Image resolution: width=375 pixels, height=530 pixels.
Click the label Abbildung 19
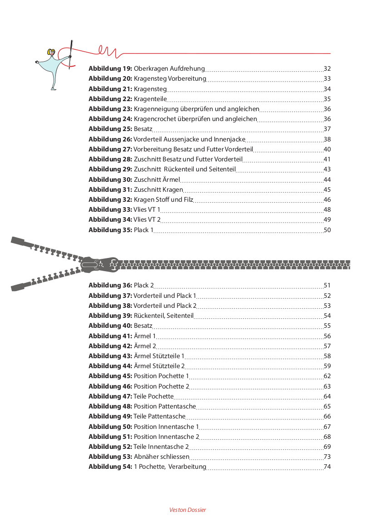pos(110,69)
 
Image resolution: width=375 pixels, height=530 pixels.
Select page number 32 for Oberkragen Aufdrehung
pos(327,69)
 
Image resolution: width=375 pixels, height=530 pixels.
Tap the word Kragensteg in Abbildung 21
pos(150,89)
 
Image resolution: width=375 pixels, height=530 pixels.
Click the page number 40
pos(327,149)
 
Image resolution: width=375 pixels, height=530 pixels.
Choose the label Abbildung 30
pos(110,180)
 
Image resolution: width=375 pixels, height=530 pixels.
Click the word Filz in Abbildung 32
pos(188,199)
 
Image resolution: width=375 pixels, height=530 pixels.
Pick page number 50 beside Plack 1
pos(327,230)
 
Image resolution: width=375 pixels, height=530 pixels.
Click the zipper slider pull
pos(98,263)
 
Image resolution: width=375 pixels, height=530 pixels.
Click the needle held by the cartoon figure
pos(71,54)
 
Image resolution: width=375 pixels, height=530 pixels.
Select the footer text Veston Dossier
pos(187,510)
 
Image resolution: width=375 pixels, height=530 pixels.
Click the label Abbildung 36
pos(110,286)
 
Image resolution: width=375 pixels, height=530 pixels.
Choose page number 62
pos(327,376)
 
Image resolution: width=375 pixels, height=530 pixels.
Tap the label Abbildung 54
pos(110,467)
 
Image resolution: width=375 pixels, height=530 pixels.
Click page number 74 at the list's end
pos(327,467)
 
